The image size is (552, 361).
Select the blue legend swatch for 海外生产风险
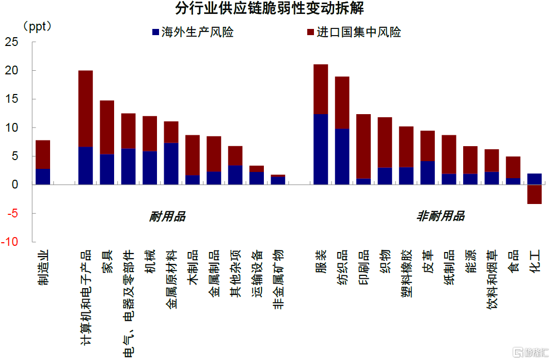pyautogui.click(x=155, y=32)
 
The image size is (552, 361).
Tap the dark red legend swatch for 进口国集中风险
pyautogui.click(x=310, y=32)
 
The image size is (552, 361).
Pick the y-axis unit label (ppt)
pyautogui.click(x=38, y=26)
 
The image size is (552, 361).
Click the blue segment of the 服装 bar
pyautogui.click(x=321, y=149)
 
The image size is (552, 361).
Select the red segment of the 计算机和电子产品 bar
pyautogui.click(x=85, y=108)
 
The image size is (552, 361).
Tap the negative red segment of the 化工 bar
pyautogui.click(x=534, y=194)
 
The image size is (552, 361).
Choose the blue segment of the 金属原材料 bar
pyautogui.click(x=171, y=164)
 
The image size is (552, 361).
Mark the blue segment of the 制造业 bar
pyautogui.click(x=43, y=177)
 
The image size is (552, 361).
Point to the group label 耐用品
pyautogui.click(x=167, y=216)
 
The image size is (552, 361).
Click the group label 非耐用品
pyautogui.click(x=440, y=216)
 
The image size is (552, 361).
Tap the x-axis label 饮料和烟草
pyautogui.click(x=493, y=279)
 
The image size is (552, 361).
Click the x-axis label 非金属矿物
pyautogui.click(x=278, y=278)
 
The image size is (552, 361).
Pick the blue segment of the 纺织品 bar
pyautogui.click(x=342, y=156)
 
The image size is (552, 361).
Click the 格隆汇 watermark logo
pyautogui.click(x=529, y=353)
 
